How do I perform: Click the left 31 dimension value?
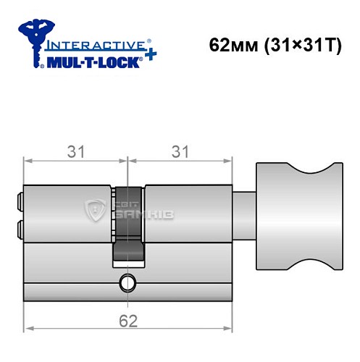pos(75,151)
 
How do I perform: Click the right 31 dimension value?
pos(179,151)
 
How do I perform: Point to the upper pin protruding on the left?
pos(19,198)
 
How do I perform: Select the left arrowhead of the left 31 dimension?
pos(28,161)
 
